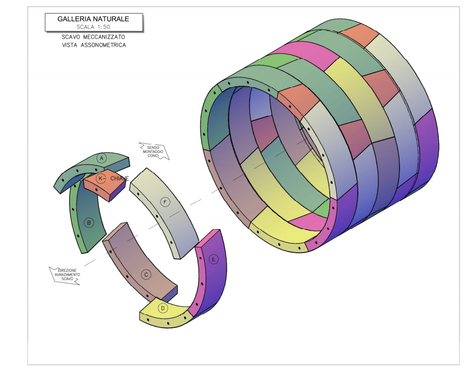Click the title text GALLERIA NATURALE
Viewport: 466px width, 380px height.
tap(93, 19)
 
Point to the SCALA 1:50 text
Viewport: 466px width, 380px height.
tap(93, 27)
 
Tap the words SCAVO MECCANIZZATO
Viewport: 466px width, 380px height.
tap(93, 37)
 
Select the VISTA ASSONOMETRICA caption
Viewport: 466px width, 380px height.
tap(94, 45)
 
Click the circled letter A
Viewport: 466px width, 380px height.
tap(102, 158)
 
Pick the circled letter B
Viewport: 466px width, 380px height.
tap(89, 223)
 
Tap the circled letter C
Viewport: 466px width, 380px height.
tap(146, 275)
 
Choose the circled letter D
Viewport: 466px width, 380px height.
tap(162, 308)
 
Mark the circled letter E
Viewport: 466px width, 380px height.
tap(213, 260)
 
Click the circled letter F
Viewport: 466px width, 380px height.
tap(165, 203)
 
